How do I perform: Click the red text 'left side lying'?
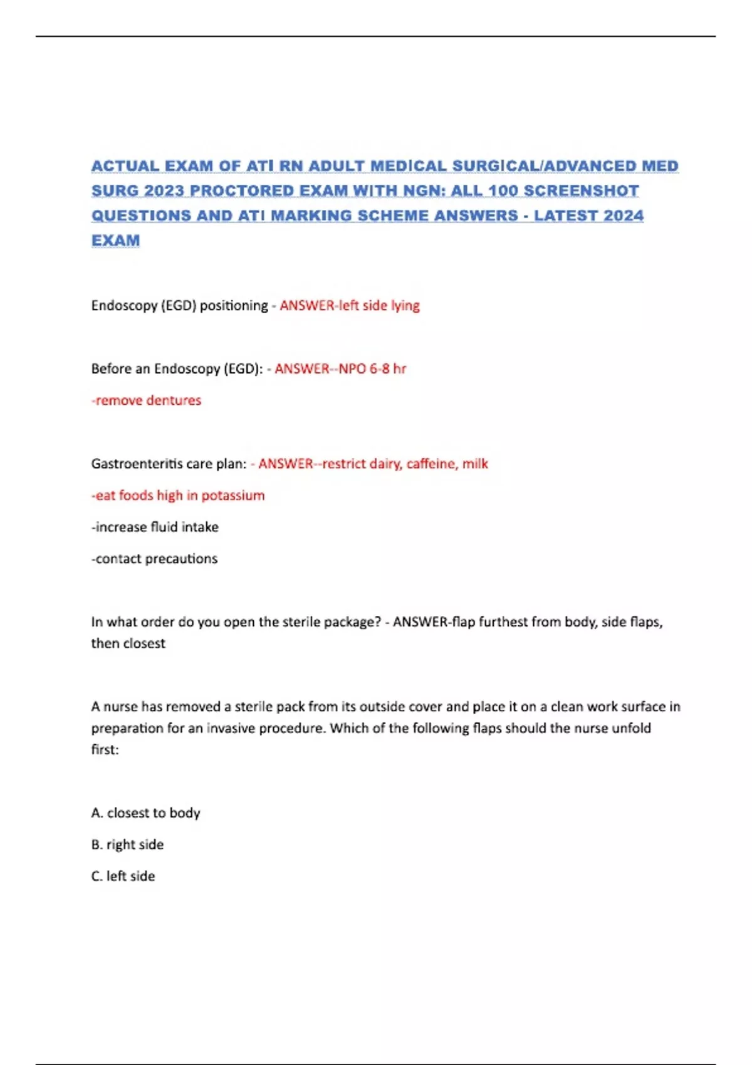[379, 306]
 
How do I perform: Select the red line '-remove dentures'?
[147, 400]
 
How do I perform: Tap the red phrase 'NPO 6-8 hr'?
[372, 369]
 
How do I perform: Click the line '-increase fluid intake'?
[155, 527]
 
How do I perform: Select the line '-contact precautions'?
[154, 559]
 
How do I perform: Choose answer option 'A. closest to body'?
[145, 813]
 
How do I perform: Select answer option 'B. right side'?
[127, 844]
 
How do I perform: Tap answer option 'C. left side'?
[123, 876]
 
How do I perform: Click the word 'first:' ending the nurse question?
[105, 750]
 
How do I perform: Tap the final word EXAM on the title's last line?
[116, 241]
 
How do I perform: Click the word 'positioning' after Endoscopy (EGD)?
[234, 306]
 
